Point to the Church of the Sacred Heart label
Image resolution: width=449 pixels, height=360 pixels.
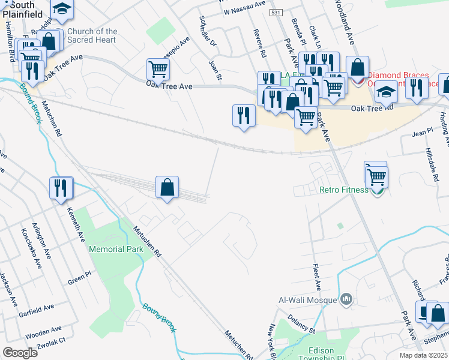click(x=92, y=35)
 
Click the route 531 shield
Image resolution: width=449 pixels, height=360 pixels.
click(x=276, y=12)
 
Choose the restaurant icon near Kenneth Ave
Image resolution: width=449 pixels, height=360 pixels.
click(x=62, y=188)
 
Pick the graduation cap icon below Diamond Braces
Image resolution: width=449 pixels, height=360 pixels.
click(x=387, y=92)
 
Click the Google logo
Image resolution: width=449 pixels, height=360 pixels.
click(x=20, y=353)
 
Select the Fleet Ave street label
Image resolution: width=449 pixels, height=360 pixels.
click(x=316, y=278)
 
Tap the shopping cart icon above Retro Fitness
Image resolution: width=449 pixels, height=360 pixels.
click(x=378, y=177)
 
